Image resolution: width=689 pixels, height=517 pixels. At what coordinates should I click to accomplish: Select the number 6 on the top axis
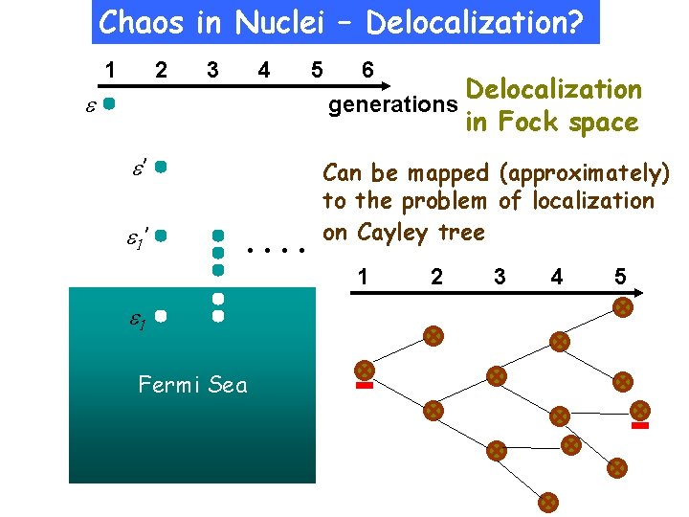pyautogui.click(x=367, y=70)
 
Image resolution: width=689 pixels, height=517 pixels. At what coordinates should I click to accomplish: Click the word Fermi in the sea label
pyautogui.click(x=169, y=385)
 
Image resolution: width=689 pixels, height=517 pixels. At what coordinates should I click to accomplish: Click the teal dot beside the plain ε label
pyautogui.click(x=110, y=101)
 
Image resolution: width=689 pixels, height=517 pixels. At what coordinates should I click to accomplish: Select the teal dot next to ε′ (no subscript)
pyautogui.click(x=162, y=167)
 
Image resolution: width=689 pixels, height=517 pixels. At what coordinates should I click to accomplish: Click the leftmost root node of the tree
pyautogui.click(x=365, y=371)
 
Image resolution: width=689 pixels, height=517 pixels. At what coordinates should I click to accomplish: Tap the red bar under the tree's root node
pyautogui.click(x=365, y=387)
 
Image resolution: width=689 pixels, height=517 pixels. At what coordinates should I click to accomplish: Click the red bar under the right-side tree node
pyautogui.click(x=641, y=424)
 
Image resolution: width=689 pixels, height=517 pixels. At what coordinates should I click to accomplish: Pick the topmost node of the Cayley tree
pyautogui.click(x=622, y=307)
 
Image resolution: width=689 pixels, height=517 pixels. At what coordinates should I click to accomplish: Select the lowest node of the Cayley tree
pyautogui.click(x=548, y=500)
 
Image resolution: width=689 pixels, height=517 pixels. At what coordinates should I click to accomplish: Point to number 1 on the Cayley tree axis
pyautogui.click(x=365, y=278)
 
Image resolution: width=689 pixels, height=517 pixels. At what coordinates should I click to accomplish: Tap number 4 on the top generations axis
pyautogui.click(x=263, y=70)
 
